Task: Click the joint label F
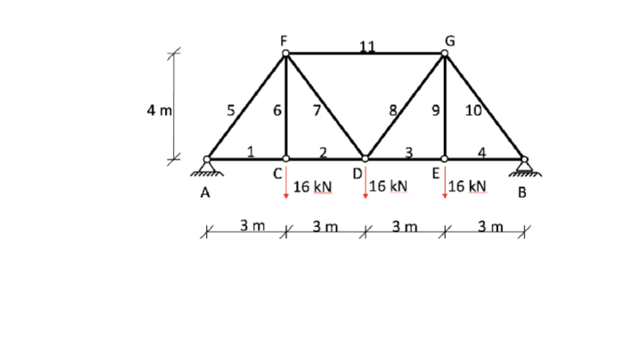pyautogui.click(x=284, y=39)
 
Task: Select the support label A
pyautogui.click(x=205, y=192)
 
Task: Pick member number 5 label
pyautogui.click(x=230, y=111)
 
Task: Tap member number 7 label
pyautogui.click(x=315, y=111)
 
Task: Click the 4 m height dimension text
pyautogui.click(x=160, y=111)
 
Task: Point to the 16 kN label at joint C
pyautogui.click(x=312, y=186)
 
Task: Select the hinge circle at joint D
pyautogui.click(x=365, y=159)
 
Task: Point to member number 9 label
pyautogui.click(x=435, y=111)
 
